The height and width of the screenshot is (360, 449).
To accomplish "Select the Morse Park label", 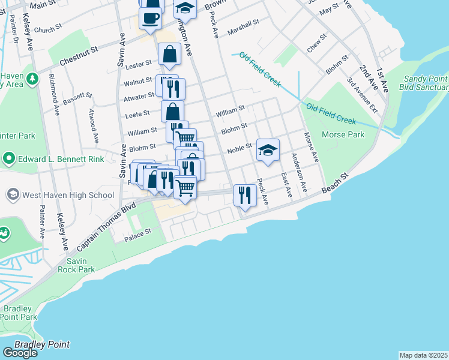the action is coord(343,134).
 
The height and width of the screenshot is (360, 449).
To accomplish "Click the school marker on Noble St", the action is coord(268,150).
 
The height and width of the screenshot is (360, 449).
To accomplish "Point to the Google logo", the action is coord(19,352).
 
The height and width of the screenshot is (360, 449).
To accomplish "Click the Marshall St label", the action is coord(243,30).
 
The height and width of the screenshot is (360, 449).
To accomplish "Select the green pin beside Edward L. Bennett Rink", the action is coord(8,159).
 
